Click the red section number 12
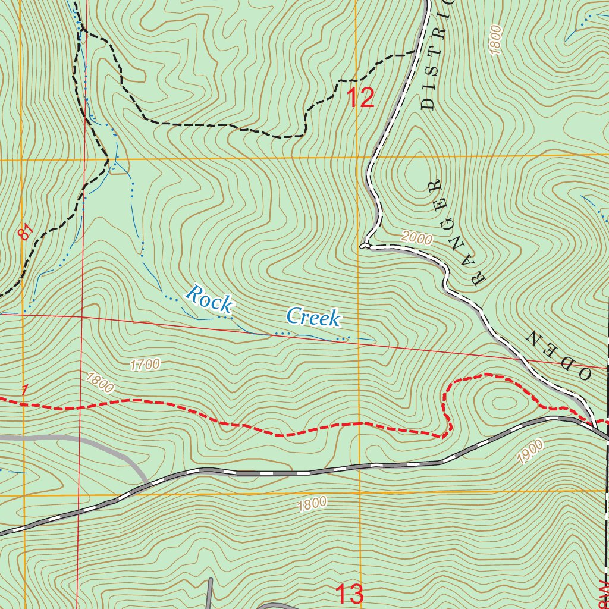(360, 98)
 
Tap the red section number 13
(350, 594)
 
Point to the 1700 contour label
(145, 365)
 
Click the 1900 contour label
(530, 451)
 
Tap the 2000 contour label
(416, 238)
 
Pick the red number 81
(24, 232)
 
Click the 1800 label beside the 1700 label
(99, 382)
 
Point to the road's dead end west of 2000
(362, 244)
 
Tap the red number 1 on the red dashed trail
(24, 390)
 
